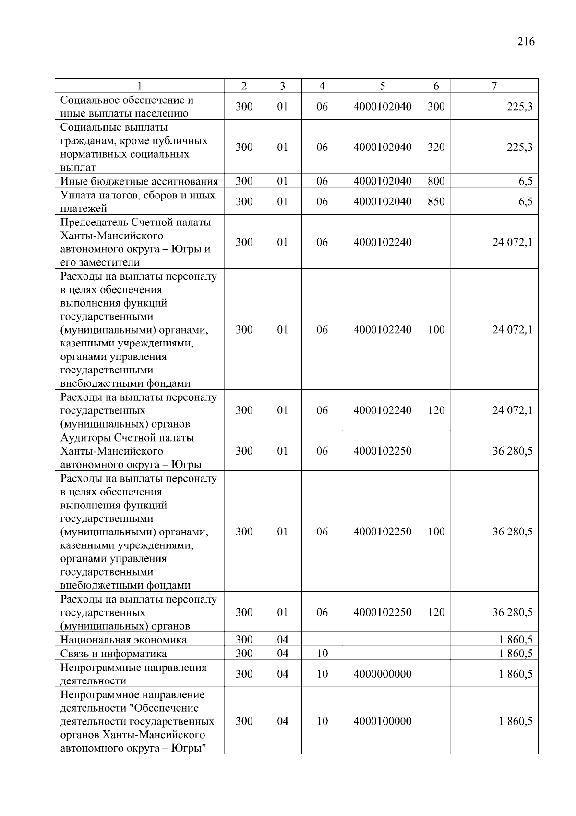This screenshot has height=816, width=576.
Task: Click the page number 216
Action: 526,42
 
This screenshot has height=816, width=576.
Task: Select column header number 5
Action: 382,86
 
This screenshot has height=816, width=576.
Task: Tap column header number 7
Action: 494,86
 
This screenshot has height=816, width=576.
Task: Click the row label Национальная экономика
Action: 124,640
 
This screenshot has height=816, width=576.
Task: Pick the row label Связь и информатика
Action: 114,654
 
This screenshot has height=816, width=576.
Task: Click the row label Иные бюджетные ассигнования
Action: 139,181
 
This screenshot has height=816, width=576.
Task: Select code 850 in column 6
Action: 436,201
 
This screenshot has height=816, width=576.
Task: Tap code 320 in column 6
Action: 436,147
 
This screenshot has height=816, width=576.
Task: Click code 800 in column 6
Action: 436,181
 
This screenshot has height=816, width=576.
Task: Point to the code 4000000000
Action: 382,674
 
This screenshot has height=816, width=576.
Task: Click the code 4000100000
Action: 382,721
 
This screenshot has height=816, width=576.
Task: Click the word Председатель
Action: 94,223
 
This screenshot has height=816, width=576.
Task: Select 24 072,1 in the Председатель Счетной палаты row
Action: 512,242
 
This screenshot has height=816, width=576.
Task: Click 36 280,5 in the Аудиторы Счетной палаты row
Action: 512,451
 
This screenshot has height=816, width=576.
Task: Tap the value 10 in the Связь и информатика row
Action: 322,654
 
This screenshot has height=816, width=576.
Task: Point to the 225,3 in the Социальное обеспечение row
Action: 519,107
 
